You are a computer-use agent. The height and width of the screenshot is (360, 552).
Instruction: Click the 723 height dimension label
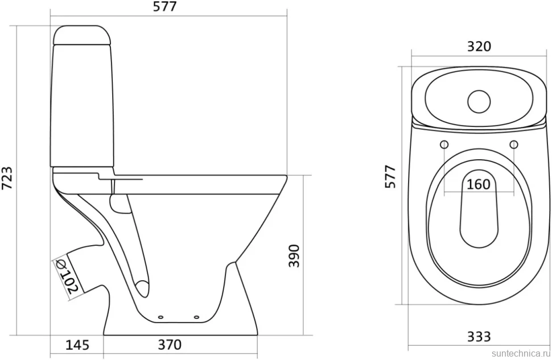coord(7,177)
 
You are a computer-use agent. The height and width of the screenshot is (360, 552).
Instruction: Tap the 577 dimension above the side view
coord(165,7)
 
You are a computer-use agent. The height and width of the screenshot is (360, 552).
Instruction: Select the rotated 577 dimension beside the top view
coord(390,176)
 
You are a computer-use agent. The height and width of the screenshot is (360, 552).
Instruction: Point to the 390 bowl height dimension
coord(294,256)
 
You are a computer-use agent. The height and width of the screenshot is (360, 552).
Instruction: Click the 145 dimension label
coord(77,345)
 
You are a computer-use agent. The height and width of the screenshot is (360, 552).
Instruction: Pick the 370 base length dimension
coord(170,345)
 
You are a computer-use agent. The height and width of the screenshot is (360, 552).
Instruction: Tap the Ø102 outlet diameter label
coord(66,278)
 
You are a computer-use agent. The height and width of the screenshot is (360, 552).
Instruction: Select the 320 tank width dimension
coord(479,47)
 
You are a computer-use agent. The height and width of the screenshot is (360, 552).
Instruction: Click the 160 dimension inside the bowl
coord(479,184)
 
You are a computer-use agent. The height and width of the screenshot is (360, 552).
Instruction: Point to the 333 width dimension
coord(479,337)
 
